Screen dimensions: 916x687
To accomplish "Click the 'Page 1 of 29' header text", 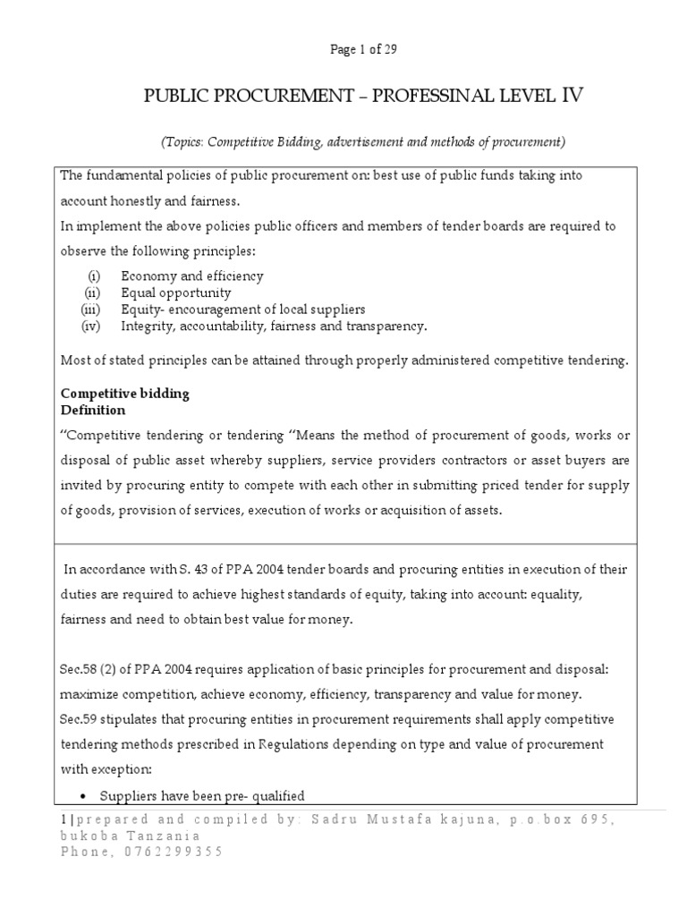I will click(363, 50).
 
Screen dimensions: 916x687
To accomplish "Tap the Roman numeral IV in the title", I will click(572, 97).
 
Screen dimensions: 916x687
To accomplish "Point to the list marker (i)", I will click(94, 276).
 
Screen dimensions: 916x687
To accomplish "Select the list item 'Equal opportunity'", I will click(176, 293).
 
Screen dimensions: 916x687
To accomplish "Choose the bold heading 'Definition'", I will click(93, 411).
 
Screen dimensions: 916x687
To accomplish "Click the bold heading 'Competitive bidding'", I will click(124, 394).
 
